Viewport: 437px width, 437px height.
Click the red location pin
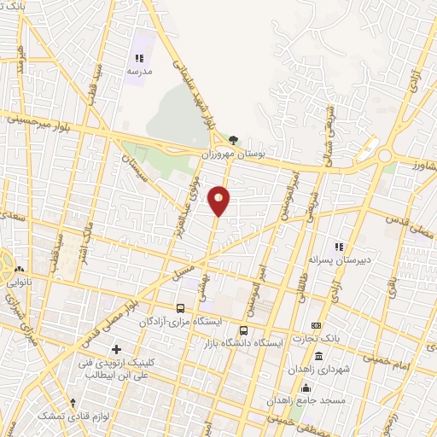[x=219, y=199]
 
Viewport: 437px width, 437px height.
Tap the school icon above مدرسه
[x=138, y=58]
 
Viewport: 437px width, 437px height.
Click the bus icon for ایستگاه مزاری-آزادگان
[x=180, y=307]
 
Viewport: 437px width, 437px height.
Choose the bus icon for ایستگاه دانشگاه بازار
[x=244, y=330]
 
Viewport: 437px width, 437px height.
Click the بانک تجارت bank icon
[x=316, y=325]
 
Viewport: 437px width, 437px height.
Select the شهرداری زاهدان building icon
[x=318, y=356]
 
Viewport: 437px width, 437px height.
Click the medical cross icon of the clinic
[x=117, y=348]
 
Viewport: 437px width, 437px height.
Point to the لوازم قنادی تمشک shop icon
[x=73, y=402]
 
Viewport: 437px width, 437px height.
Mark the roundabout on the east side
[x=383, y=155]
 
